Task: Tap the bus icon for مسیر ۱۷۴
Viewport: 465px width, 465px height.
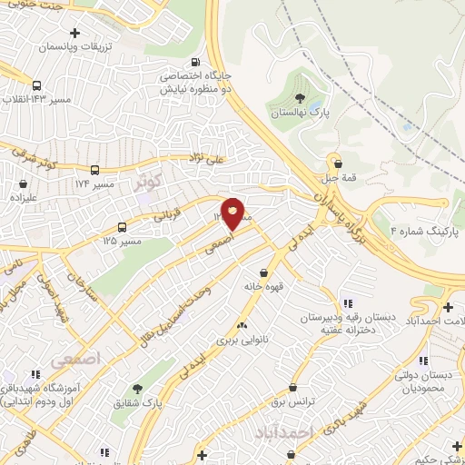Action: point(95,169)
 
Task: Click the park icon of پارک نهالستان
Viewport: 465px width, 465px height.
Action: point(301,98)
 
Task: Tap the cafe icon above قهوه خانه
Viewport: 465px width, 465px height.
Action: point(264,272)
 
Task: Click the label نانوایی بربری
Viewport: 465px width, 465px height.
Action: point(241,341)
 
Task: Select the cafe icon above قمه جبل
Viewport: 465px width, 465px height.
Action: point(339,163)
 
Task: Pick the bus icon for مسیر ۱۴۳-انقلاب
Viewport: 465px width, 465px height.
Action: point(36,86)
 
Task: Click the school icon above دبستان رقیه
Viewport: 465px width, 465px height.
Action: point(347,303)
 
